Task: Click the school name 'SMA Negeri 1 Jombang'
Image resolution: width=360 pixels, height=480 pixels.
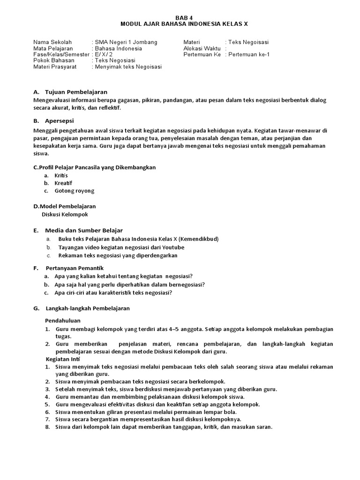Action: click(x=126, y=42)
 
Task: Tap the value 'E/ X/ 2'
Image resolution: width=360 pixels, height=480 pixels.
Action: click(x=105, y=54)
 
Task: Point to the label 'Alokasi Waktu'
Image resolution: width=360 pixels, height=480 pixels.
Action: click(x=202, y=48)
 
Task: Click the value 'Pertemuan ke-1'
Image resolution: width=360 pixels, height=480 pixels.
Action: click(x=249, y=54)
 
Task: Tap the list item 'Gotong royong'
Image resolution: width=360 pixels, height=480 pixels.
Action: click(x=74, y=191)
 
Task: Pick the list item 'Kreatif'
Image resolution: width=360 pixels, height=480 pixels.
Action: click(x=63, y=183)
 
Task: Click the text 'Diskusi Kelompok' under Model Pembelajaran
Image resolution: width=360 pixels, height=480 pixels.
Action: click(x=65, y=214)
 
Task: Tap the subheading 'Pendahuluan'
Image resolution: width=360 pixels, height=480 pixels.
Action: click(x=62, y=321)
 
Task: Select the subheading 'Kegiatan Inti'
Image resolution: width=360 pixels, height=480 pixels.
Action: click(x=63, y=359)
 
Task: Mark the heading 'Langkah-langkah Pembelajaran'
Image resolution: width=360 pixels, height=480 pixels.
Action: click(x=87, y=308)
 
